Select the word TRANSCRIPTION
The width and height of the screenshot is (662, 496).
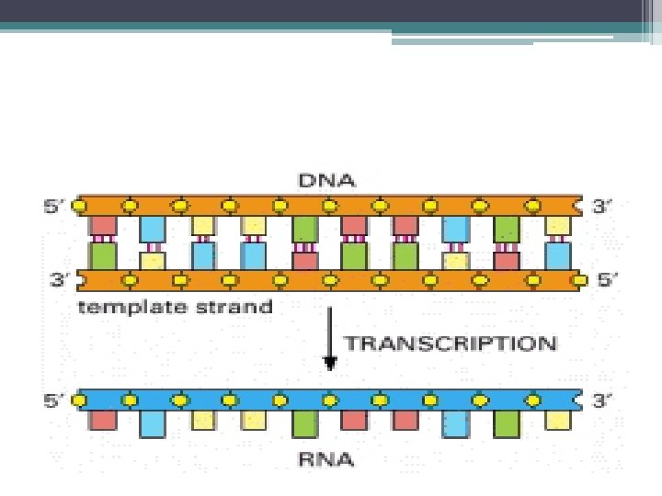pos(451,344)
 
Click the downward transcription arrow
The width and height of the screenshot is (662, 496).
pos(330,344)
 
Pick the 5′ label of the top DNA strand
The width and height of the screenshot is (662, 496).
pos(56,206)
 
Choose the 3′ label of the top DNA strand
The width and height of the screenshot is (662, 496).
pos(601,206)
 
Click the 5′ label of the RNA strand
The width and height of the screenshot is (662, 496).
pos(56,400)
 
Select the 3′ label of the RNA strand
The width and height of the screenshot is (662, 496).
pos(601,400)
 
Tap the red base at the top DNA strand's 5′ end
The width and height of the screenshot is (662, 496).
pos(102,226)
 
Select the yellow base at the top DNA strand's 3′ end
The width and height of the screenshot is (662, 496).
pos(556,226)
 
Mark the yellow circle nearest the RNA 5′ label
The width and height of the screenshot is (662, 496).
pos(81,400)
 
